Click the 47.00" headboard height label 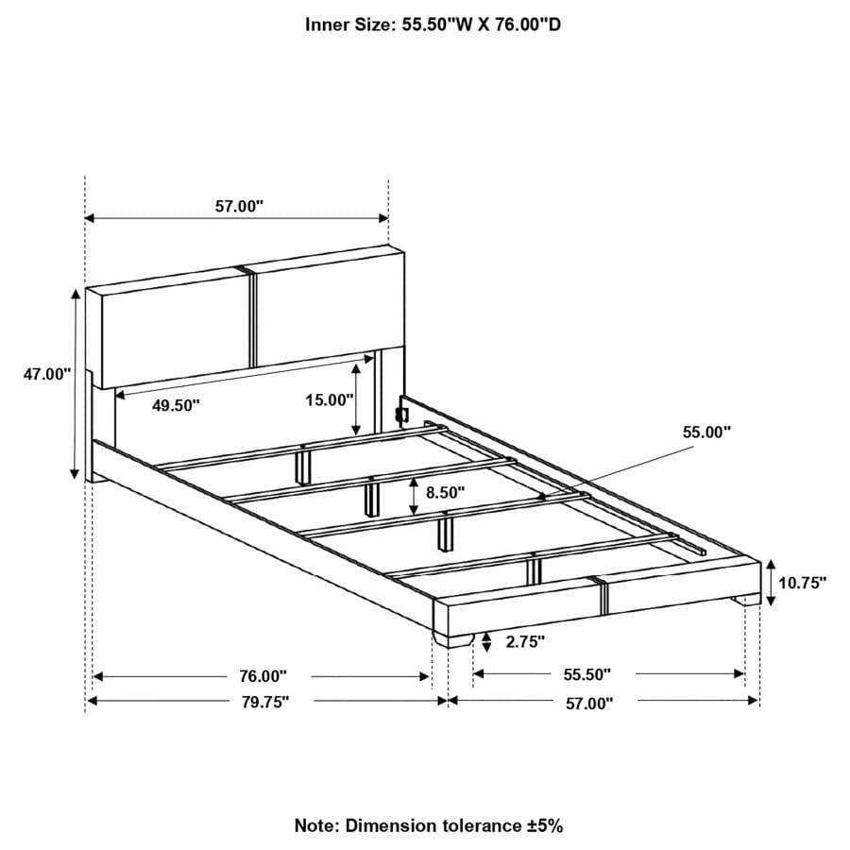coord(47,374)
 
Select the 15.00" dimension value coord(330,400)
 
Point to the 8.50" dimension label coord(446,492)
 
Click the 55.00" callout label coord(706,432)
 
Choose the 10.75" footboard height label coord(802,583)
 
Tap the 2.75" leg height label coord(525,642)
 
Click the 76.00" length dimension coord(263,676)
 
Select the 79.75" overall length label coord(265,702)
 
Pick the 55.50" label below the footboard coord(587,674)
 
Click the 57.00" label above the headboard coord(239,206)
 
